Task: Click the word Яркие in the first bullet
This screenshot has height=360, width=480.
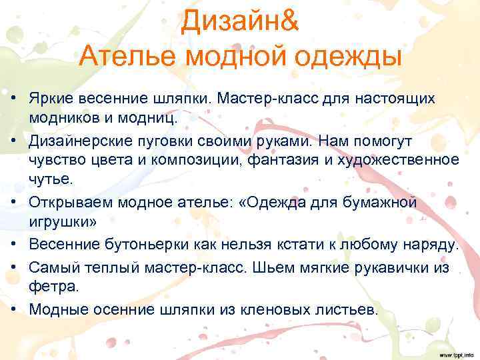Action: (x=50, y=99)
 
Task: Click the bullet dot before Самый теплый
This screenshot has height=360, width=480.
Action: (x=13, y=268)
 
